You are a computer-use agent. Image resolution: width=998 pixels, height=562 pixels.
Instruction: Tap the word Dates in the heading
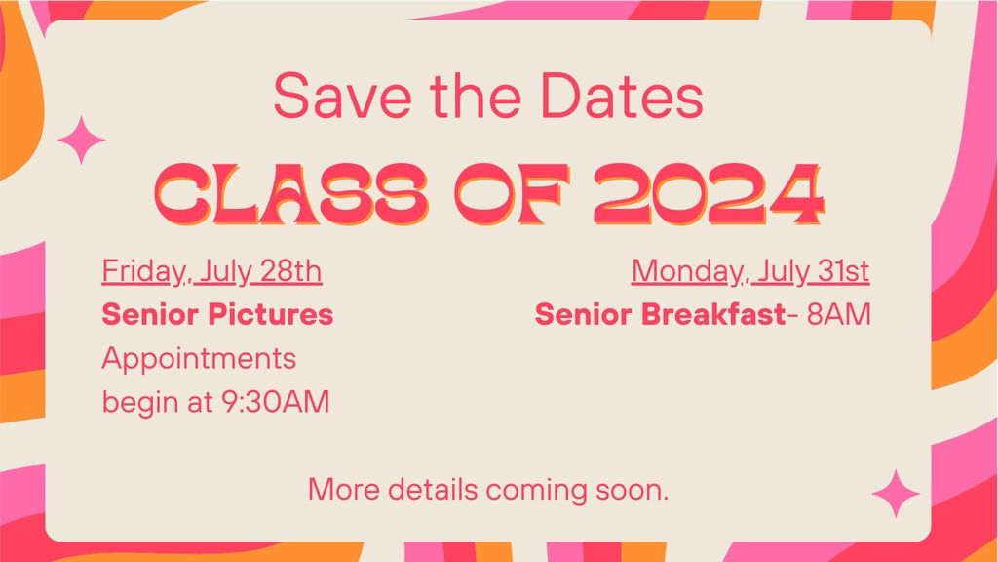[x=622, y=96]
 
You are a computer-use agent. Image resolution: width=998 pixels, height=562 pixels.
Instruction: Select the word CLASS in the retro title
[x=290, y=194]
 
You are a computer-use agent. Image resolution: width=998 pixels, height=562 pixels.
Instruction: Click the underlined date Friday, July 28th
[x=211, y=271]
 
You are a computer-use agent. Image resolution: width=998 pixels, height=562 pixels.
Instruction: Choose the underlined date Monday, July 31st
[x=750, y=271]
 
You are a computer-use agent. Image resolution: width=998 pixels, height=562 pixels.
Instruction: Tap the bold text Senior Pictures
[x=217, y=315]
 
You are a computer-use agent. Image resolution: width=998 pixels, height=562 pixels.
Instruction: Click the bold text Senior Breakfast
[x=661, y=315]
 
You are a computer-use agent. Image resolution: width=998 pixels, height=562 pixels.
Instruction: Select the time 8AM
[x=838, y=315]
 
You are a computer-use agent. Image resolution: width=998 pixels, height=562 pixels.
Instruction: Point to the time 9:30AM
[x=276, y=402]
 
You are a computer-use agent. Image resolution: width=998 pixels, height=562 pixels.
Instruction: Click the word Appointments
[x=199, y=359]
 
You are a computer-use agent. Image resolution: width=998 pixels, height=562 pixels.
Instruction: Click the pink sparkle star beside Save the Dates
[x=81, y=140]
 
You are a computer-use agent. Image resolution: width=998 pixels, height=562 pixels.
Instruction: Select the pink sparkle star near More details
[x=896, y=493]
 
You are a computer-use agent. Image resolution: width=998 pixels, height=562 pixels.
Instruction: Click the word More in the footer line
[x=344, y=490]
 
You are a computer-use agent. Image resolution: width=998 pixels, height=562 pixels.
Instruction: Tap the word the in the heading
[x=476, y=96]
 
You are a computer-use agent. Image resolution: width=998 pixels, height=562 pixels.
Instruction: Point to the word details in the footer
[x=433, y=490]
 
